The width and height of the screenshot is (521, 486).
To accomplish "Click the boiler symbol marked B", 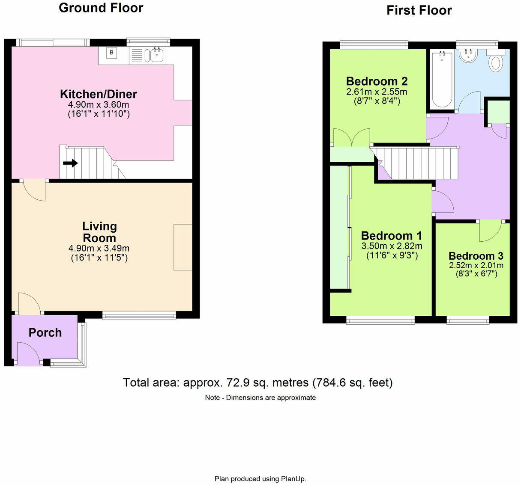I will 111,53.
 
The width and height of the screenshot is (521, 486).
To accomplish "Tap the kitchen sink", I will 157,55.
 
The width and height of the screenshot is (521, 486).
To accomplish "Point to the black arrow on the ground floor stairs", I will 71,163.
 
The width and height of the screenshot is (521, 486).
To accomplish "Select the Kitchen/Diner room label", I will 99,94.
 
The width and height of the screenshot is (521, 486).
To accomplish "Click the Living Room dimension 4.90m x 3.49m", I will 99,248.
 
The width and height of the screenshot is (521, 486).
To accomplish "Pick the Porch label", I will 45,332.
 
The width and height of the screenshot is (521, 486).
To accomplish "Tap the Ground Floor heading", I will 101,8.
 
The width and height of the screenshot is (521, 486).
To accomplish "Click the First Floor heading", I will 419,10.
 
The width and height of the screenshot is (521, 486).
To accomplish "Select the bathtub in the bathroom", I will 442,79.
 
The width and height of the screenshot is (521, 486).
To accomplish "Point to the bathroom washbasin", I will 468,56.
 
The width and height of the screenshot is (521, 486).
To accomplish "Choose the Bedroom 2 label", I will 377,81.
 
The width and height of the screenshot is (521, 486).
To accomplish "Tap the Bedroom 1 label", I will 391,236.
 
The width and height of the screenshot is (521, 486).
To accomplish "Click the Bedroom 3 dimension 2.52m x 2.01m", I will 476,265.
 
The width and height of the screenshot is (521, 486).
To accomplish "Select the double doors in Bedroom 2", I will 351,137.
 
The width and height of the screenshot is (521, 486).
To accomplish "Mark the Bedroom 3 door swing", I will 490,230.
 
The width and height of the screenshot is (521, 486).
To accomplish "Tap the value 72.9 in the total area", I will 234,382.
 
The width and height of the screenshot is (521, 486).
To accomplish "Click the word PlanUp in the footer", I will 293,479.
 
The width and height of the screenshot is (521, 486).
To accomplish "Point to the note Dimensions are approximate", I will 271,397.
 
